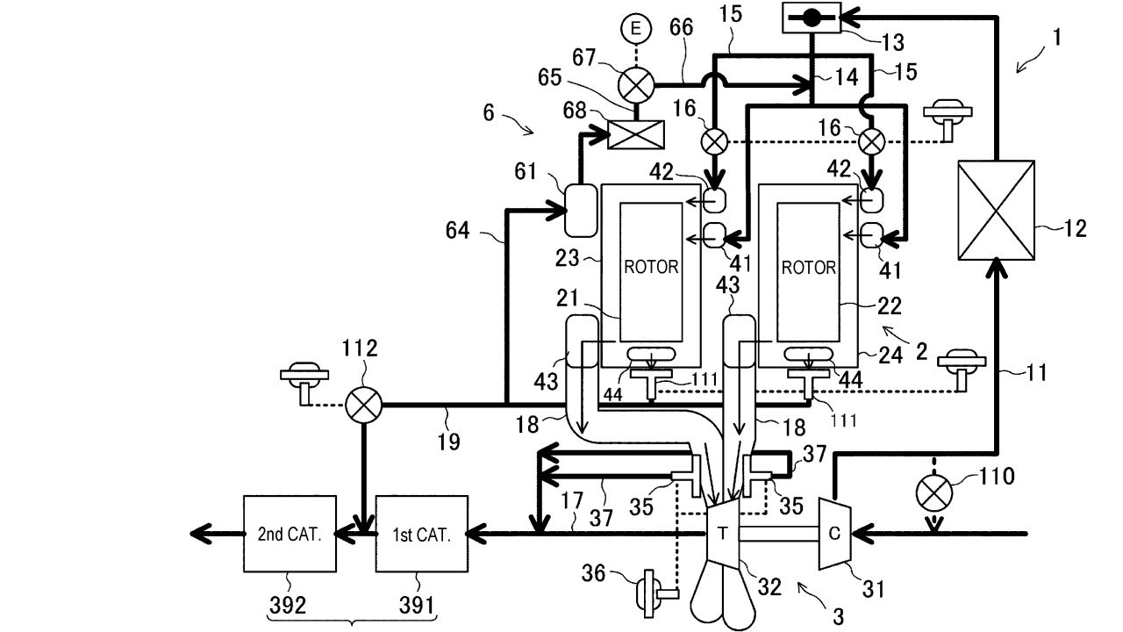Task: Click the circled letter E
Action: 636,28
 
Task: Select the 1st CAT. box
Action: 422,534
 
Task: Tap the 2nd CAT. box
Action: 290,534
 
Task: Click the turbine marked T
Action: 722,534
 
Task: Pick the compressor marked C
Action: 834,534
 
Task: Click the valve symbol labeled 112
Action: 363,405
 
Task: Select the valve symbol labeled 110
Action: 933,492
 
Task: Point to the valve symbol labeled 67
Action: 636,85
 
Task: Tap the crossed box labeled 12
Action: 996,210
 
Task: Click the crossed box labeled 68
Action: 636,134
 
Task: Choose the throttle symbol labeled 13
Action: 812,18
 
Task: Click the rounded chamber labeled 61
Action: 581,210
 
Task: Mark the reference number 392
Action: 288,606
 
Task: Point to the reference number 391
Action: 417,606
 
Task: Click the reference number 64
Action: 457,231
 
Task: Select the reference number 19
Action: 448,442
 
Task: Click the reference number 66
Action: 682,27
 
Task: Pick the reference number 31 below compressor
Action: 873,589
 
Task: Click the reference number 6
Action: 489,112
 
